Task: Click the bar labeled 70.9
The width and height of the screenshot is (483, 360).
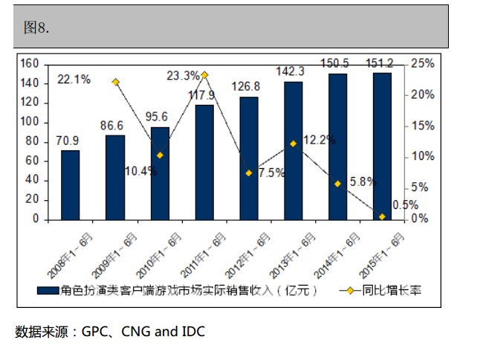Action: tap(70, 184)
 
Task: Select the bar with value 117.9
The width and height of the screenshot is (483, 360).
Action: tap(204, 162)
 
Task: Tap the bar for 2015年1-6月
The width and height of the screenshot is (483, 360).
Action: tap(382, 146)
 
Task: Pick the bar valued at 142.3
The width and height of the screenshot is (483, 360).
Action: tap(293, 150)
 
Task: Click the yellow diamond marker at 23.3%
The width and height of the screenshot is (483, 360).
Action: tap(204, 75)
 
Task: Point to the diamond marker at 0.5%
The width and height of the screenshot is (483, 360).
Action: tap(382, 216)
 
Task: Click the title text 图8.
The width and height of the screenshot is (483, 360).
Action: tap(36, 28)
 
